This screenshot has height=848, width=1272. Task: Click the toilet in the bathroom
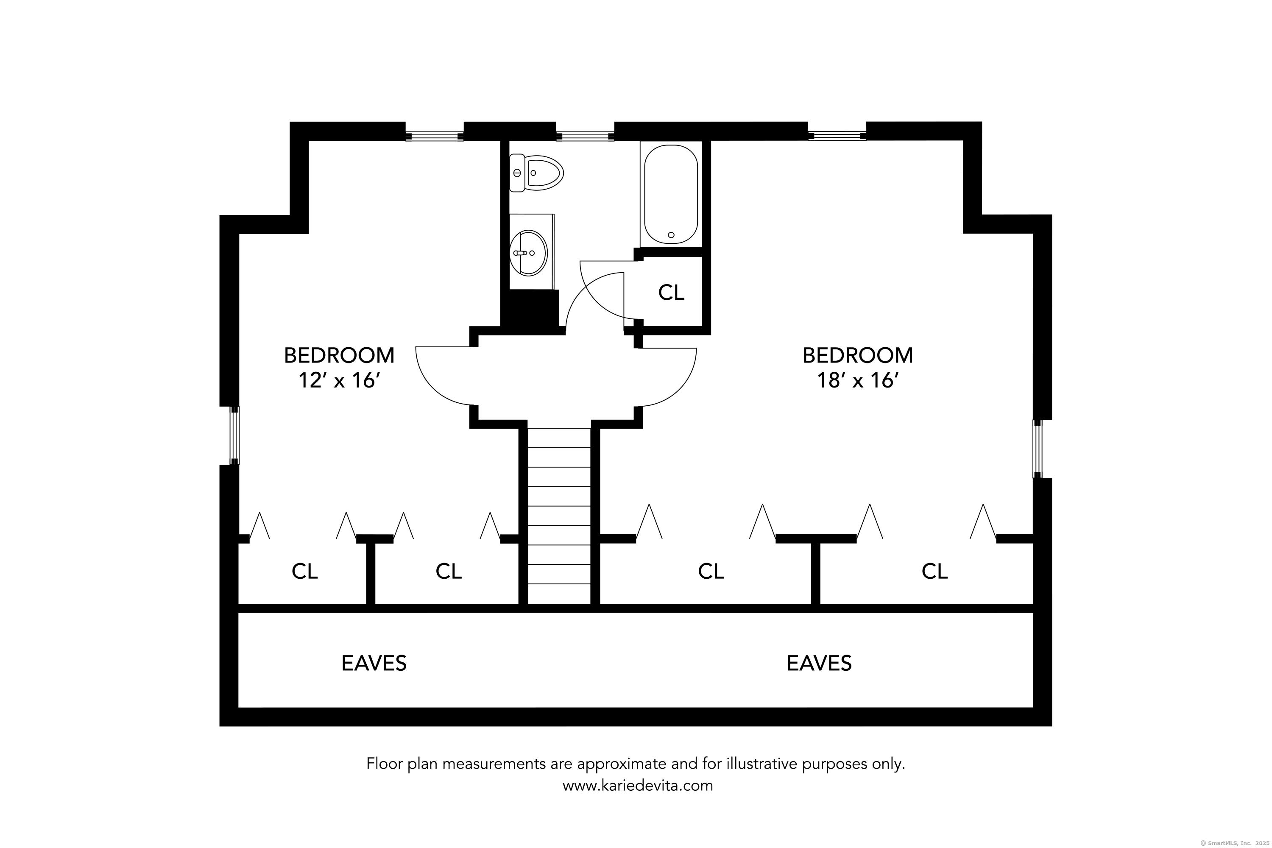tap(536, 173)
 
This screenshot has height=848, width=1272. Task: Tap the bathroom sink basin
tap(528, 253)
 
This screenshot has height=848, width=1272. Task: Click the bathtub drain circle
tap(671, 235)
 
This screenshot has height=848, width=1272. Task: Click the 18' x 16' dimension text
tap(858, 381)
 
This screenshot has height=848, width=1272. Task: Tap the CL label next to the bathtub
tap(671, 293)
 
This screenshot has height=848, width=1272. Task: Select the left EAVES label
tap(374, 663)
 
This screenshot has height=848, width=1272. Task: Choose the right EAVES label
tap(819, 663)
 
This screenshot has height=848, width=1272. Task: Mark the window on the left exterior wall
tap(235, 435)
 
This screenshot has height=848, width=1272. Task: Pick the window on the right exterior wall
tap(1037, 449)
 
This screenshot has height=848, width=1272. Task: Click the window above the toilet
tap(585, 136)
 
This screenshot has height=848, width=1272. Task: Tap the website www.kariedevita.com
tap(638, 785)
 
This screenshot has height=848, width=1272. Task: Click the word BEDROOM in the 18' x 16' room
tap(858, 355)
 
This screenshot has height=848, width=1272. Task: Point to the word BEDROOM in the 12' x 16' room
tap(339, 355)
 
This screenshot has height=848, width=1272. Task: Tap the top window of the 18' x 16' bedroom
tap(837, 136)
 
